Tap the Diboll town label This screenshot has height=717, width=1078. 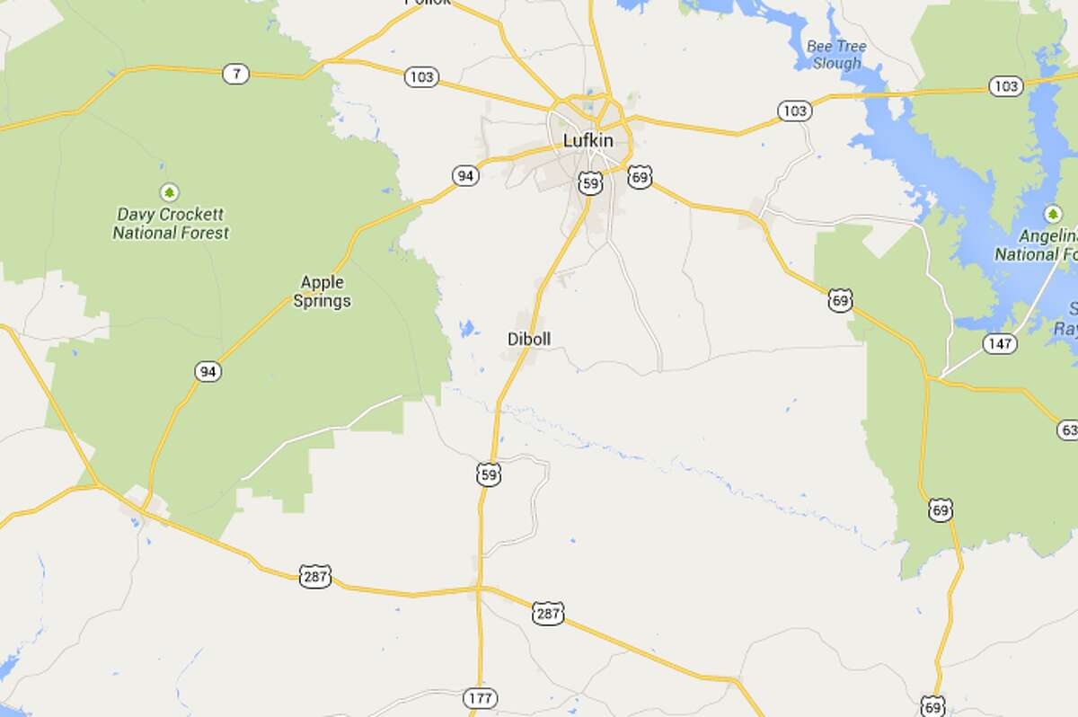[x=529, y=339]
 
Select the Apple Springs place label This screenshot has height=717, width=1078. [x=322, y=292]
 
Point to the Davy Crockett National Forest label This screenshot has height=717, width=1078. [x=170, y=224]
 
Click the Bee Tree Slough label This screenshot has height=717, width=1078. [x=835, y=55]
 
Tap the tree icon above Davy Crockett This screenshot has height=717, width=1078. [x=168, y=192]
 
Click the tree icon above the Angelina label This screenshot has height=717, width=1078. [x=1053, y=215]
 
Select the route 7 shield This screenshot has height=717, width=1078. [x=235, y=75]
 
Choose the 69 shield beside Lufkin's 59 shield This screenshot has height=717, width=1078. [x=640, y=175]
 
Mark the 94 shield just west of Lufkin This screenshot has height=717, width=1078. [x=464, y=176]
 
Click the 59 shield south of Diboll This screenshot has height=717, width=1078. [x=488, y=475]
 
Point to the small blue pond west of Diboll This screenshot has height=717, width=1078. [x=467, y=329]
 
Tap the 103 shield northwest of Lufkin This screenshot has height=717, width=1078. [x=420, y=77]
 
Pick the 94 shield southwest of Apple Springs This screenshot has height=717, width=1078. [x=208, y=371]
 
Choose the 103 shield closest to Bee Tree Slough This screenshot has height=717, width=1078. [x=794, y=111]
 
